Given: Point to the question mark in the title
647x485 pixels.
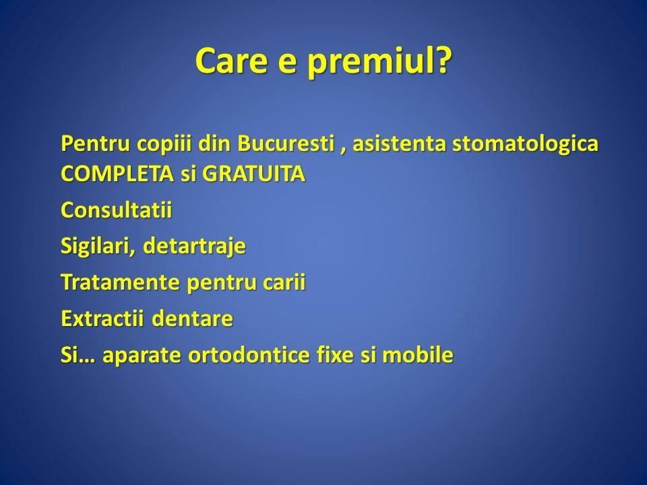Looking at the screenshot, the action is (442, 60).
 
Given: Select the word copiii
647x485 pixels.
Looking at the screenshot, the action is (164, 144).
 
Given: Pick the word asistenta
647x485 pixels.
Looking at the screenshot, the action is (399, 144).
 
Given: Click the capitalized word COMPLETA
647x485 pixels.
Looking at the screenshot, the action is (117, 174).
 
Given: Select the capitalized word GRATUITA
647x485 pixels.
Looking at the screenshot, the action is (253, 174).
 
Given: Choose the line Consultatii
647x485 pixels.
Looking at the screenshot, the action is (117, 209).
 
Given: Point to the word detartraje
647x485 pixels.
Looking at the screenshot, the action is (194, 247).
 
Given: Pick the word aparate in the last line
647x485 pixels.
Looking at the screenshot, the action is (142, 356).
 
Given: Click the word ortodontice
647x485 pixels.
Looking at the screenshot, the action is (249, 355).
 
